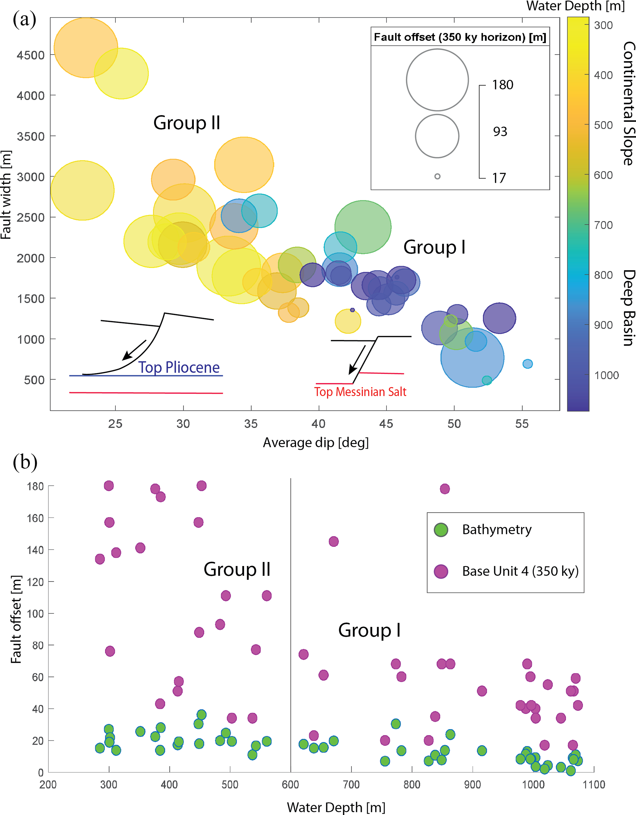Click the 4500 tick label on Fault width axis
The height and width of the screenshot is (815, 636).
(30, 55)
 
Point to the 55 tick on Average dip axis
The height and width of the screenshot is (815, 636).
(522, 424)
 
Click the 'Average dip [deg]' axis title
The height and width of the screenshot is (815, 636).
(316, 443)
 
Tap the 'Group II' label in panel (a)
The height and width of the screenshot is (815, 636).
(186, 123)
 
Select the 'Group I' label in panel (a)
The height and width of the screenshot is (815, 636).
(434, 247)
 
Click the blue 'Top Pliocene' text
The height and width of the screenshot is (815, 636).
(179, 367)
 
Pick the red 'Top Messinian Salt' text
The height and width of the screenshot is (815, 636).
(360, 392)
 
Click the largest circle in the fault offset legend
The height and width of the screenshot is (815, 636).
(437, 80)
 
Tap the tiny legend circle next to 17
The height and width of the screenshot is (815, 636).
(437, 176)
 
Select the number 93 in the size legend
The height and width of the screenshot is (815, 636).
(500, 131)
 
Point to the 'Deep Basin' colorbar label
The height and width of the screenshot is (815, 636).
(629, 307)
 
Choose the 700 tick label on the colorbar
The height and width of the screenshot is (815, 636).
(603, 225)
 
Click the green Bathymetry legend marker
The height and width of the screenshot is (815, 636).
(441, 530)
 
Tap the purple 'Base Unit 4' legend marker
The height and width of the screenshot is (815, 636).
(441, 571)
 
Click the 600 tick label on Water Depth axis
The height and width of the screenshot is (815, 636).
(290, 785)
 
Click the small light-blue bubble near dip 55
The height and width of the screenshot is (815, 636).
(527, 364)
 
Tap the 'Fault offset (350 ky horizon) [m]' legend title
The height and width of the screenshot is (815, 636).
(460, 37)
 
